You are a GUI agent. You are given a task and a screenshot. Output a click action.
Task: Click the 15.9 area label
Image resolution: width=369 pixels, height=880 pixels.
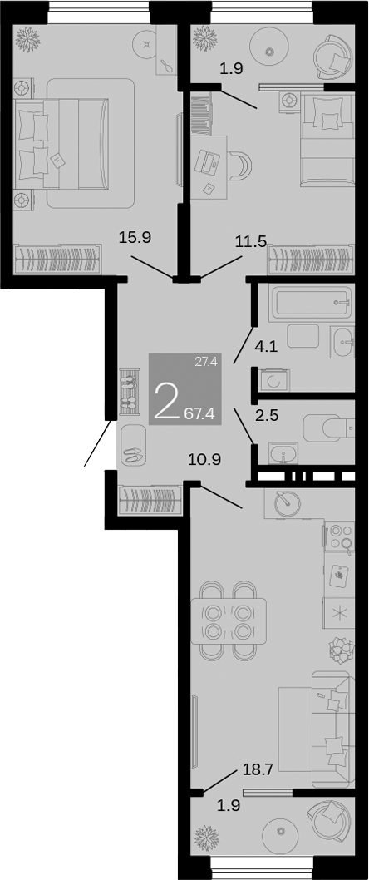[x=135, y=237]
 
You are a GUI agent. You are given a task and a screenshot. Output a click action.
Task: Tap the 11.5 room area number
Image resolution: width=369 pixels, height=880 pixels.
[x=250, y=242]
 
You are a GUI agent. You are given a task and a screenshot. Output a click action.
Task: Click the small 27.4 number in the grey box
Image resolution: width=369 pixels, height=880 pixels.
[x=206, y=362]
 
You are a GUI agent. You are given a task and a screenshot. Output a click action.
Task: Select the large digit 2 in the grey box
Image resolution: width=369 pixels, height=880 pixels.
[x=166, y=402]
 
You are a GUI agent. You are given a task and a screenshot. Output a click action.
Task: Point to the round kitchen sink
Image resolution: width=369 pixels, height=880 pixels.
[x=287, y=502]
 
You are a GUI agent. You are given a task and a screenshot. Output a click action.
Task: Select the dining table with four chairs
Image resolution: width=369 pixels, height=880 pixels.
[x=229, y=620]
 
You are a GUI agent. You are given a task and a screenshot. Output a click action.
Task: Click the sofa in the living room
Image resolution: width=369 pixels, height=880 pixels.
[x=331, y=728]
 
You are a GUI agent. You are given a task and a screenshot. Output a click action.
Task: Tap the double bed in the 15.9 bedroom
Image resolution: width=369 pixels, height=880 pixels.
[x=62, y=143]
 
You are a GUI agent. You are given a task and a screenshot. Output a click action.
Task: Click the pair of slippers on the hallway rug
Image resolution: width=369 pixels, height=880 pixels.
[x=131, y=454]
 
